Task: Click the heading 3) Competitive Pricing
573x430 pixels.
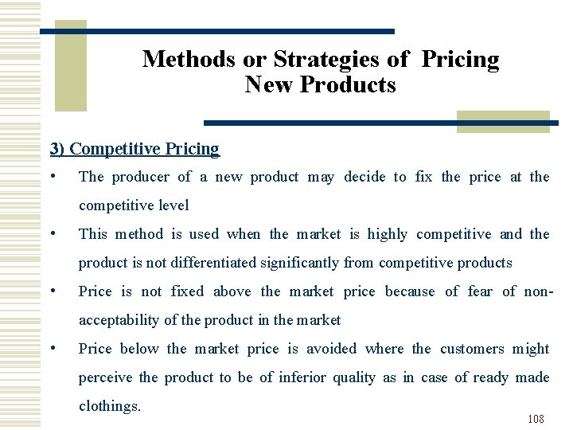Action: coord(134,149)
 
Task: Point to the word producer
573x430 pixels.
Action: coord(140,177)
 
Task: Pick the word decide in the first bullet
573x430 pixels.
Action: coord(368,177)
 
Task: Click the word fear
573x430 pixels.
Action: coord(480,291)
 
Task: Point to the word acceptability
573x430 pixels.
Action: coord(119,320)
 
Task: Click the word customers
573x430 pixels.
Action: coord(472,349)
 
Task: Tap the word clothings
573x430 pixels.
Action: coord(110,406)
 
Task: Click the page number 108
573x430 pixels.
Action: coord(536,419)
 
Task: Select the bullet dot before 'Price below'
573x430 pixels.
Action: coord(52,348)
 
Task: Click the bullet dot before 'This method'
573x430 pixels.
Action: coord(52,233)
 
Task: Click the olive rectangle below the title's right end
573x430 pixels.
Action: coord(503,120)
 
